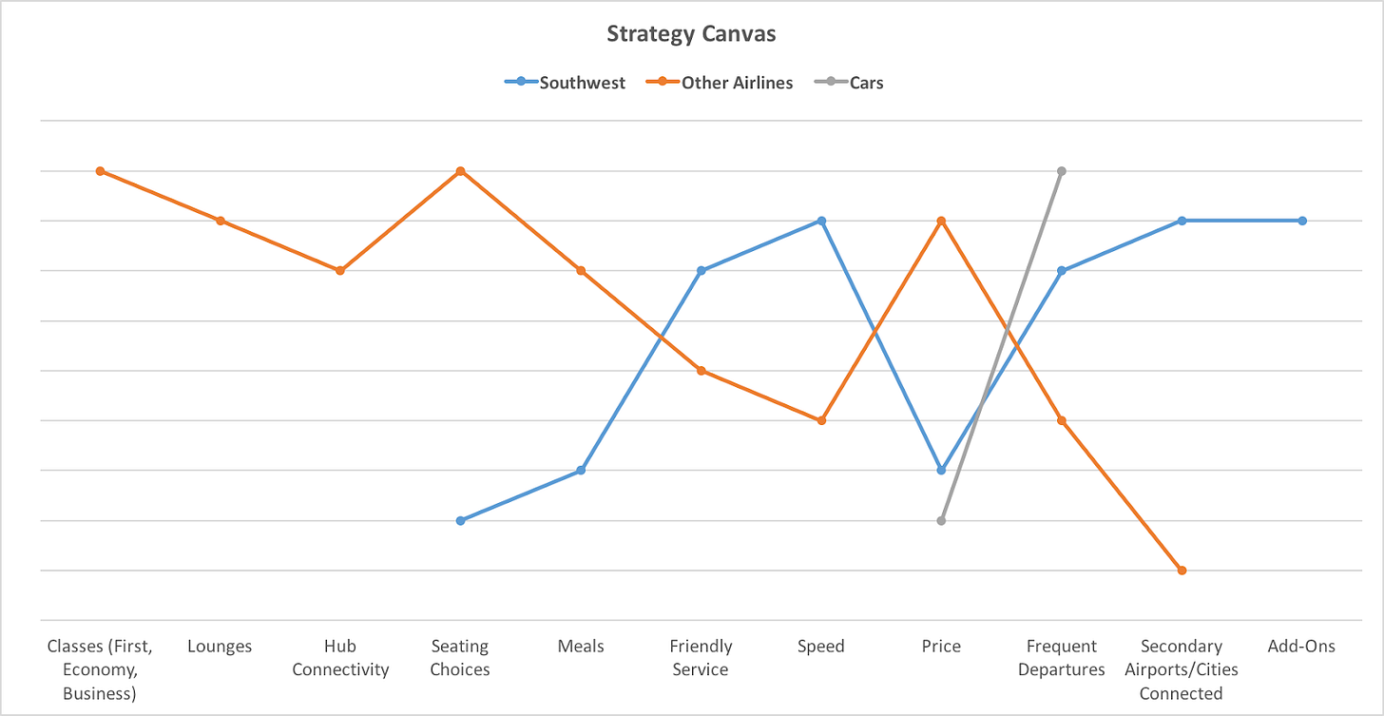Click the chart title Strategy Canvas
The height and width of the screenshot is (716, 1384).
pyautogui.click(x=691, y=34)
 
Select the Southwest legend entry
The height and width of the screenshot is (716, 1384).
pyautogui.click(x=582, y=83)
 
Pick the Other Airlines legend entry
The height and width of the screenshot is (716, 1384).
pyautogui.click(x=737, y=83)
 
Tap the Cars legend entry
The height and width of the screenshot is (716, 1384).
pyautogui.click(x=866, y=83)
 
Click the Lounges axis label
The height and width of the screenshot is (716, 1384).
pyautogui.click(x=220, y=647)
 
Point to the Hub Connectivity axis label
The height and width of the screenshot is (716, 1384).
pyautogui.click(x=340, y=658)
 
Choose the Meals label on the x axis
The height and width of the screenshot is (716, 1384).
pyautogui.click(x=581, y=647)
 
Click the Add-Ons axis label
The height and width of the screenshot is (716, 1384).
pyautogui.click(x=1301, y=647)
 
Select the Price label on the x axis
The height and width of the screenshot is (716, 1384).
pyautogui.click(x=941, y=647)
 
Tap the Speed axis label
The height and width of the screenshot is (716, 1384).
pyautogui.click(x=821, y=647)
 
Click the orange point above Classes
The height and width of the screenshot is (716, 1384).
pyautogui.click(x=100, y=171)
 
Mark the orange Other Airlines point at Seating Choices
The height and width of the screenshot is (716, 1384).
pyautogui.click(x=460, y=171)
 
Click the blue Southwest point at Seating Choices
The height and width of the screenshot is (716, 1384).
pyautogui.click(x=460, y=521)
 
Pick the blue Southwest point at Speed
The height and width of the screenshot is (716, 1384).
pyautogui.click(x=821, y=221)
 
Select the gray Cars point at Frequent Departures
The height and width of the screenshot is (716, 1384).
pyautogui.click(x=1062, y=171)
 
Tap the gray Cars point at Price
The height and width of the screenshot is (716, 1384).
pyautogui.click(x=941, y=521)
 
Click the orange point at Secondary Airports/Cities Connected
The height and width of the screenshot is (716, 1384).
pyautogui.click(x=1182, y=571)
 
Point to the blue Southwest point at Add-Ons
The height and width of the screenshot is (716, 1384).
pyautogui.click(x=1302, y=221)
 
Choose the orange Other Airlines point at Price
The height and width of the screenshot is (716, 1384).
pyautogui.click(x=941, y=221)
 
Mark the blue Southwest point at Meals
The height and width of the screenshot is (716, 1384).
pyautogui.click(x=581, y=471)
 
